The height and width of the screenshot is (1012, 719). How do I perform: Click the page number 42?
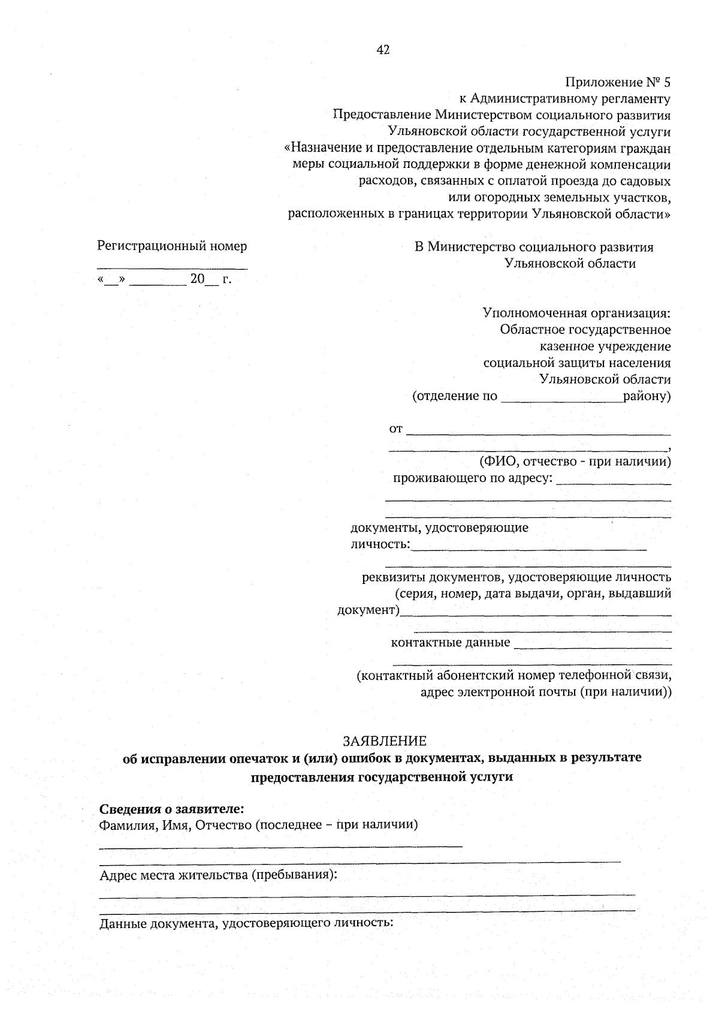(383, 50)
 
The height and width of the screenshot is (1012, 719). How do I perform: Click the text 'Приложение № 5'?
(617, 82)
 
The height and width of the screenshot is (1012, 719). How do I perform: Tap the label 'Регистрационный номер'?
(172, 246)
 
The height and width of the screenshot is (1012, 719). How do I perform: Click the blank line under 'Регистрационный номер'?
(172, 268)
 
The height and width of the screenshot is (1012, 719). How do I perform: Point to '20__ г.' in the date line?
(210, 279)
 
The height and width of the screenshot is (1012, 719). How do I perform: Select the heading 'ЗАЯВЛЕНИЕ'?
(384, 741)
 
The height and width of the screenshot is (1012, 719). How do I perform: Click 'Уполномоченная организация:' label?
(576, 313)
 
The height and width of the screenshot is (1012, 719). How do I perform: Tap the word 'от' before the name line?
(396, 429)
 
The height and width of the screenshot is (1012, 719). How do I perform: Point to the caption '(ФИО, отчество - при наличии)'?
(574, 462)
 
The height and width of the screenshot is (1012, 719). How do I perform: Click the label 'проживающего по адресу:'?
(472, 478)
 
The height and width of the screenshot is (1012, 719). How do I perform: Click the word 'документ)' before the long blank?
(368, 610)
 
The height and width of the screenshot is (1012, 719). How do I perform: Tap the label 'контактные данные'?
(450, 643)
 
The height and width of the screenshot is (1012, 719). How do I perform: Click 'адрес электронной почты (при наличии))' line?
(546, 692)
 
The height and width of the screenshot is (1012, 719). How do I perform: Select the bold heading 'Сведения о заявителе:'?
(171, 809)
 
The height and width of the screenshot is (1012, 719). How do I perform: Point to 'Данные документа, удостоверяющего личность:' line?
(246, 923)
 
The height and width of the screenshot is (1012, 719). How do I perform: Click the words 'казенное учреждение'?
(605, 347)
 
